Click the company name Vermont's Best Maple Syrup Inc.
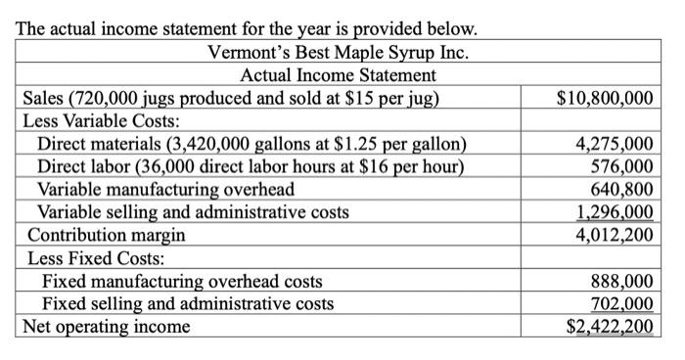pos(338,52)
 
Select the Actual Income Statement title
pos(338,75)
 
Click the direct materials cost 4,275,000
pos(614,146)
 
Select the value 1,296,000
pos(614,212)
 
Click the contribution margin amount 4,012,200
pos(614,235)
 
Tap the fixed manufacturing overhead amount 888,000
pos(621,281)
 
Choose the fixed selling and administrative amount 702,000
pos(621,303)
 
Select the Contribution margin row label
pos(107,236)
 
